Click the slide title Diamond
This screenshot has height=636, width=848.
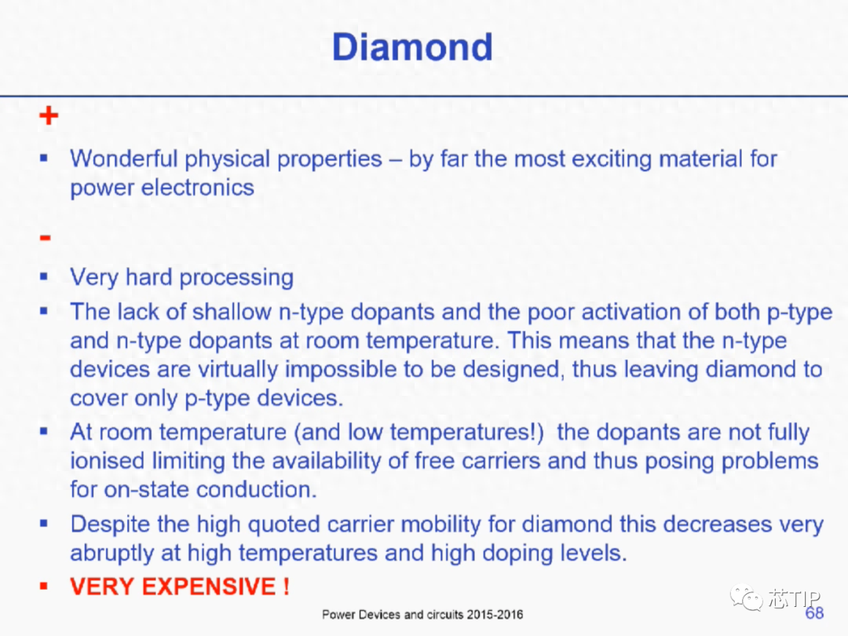[x=412, y=47]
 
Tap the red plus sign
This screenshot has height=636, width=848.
[x=49, y=115]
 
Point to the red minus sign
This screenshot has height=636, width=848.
[x=46, y=237]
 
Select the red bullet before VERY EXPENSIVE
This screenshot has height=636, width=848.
[x=44, y=587]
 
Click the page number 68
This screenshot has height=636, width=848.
[x=814, y=612]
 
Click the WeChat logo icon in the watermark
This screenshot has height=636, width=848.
[x=747, y=597]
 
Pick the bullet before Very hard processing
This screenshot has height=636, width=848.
[x=44, y=277]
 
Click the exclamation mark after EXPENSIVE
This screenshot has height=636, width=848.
[x=286, y=587]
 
